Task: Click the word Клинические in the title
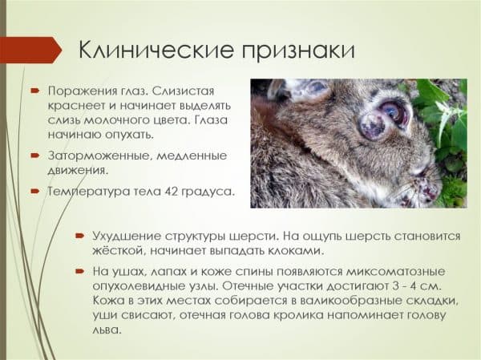(156, 50)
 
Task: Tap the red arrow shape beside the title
(30, 50)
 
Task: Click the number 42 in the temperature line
(172, 191)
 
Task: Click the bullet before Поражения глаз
(34, 91)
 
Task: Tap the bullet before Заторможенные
(34, 156)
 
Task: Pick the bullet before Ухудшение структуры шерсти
(79, 236)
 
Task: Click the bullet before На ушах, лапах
(79, 271)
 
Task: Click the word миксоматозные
(396, 271)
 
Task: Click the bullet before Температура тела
(34, 192)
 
